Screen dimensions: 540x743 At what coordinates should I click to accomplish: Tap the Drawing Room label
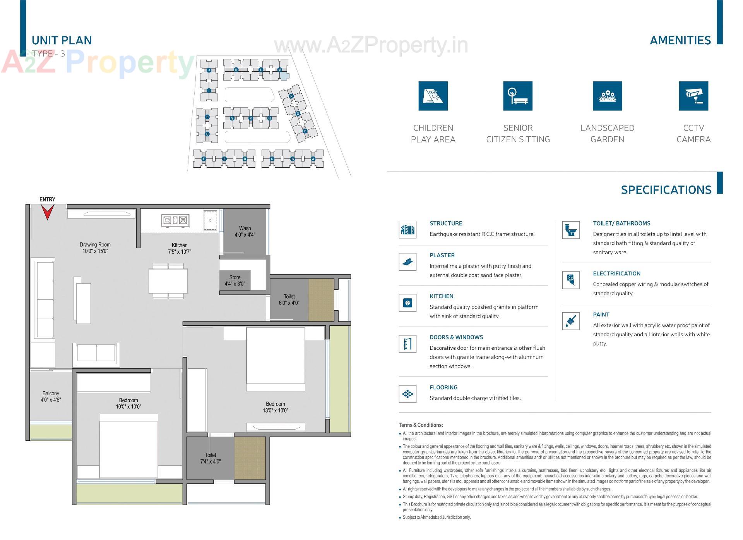95,248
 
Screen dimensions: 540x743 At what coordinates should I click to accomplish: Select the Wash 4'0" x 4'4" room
245,231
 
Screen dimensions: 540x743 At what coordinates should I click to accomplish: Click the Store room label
235,280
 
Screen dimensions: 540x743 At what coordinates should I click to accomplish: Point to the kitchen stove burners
175,220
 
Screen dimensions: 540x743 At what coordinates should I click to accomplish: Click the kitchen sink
210,220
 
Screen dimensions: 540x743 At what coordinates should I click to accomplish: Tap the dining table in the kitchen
168,281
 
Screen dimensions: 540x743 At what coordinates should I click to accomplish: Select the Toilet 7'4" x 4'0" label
211,458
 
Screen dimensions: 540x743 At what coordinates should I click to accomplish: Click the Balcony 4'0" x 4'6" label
51,396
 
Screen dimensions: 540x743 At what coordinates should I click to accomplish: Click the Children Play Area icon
433,96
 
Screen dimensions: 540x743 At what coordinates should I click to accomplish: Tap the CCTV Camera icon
693,96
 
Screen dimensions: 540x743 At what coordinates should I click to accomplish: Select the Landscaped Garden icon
607,96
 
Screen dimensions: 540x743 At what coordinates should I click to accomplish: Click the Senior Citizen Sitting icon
517,96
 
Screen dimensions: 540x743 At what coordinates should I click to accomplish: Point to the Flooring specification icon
407,394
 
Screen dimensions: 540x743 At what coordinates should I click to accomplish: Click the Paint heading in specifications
601,315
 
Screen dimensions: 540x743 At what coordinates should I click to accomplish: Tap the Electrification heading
616,273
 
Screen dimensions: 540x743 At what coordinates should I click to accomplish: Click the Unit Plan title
62,40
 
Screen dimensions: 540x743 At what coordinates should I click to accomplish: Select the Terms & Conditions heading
421,425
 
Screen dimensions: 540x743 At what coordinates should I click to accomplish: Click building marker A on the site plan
313,159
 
